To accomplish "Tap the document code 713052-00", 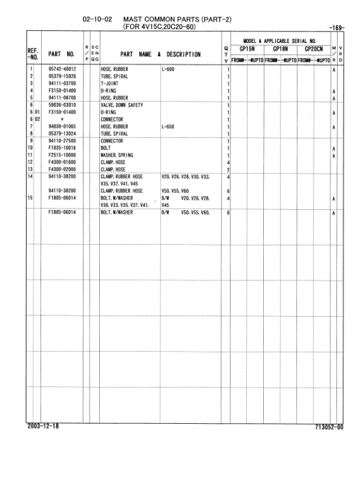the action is [329, 427].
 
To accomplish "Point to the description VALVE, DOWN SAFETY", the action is [122, 105].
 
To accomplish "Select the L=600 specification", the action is [169, 70].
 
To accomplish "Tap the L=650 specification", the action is [169, 126].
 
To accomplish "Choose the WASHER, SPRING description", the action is [117, 155].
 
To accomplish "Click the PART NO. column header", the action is [62, 54].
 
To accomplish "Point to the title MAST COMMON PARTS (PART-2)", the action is [177, 19].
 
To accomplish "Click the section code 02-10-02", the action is [98, 19].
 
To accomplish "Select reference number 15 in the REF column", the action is [30, 198].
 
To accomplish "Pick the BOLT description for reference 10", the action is [106, 148].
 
